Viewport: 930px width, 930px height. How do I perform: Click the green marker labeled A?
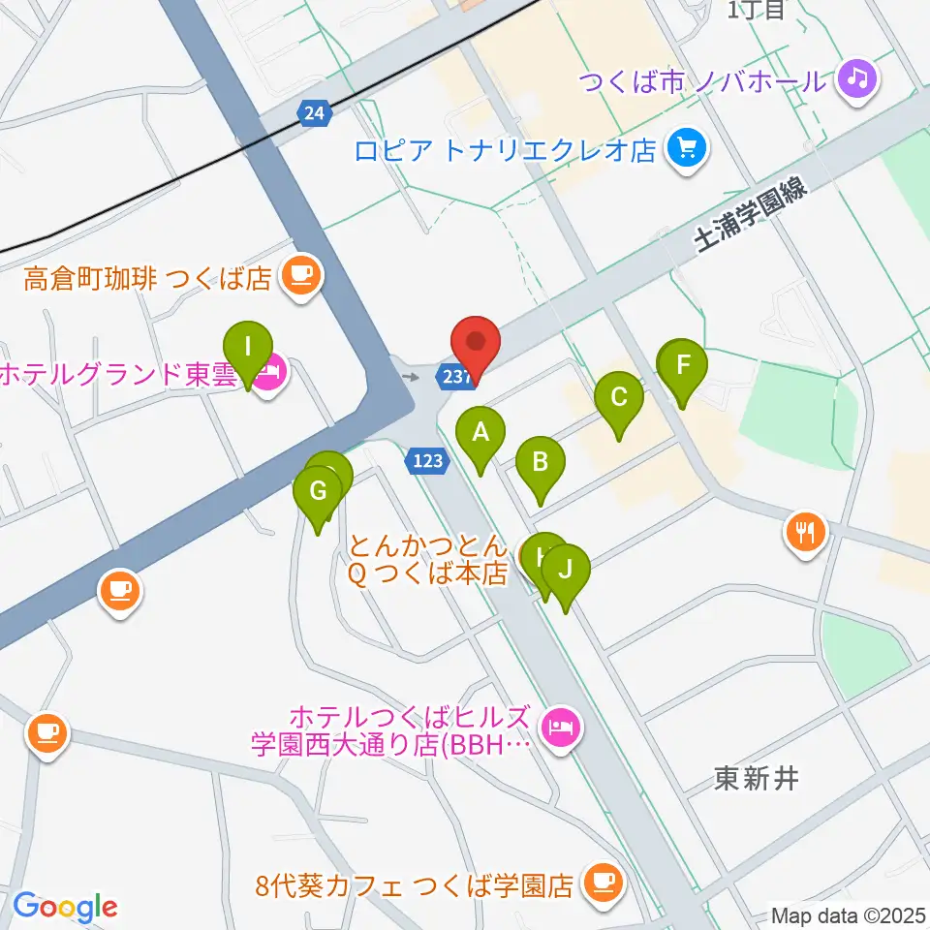(480, 434)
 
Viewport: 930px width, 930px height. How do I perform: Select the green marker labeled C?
(620, 397)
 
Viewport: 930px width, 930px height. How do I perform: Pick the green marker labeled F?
(684, 366)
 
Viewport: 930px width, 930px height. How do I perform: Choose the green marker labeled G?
(318, 492)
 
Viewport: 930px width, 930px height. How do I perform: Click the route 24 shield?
(314, 114)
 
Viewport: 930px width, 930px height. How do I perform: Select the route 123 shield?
(427, 462)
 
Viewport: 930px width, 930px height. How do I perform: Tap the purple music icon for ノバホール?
(857, 78)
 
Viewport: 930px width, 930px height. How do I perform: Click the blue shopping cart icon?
(689, 149)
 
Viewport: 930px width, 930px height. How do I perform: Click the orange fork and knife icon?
(805, 530)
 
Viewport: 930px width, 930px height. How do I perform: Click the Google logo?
(65, 907)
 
